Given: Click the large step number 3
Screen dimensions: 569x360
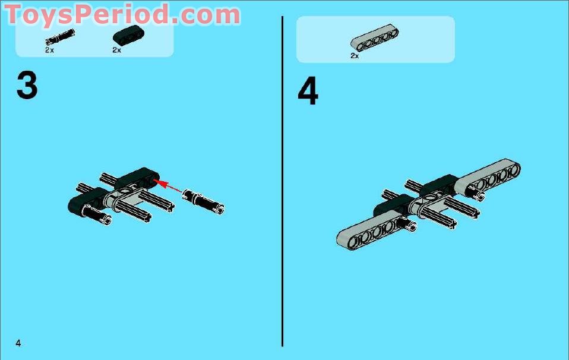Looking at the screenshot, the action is point(27,86).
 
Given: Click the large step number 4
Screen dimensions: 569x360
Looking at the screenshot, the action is point(308,91).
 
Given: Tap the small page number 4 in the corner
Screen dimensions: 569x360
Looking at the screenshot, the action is point(18,343).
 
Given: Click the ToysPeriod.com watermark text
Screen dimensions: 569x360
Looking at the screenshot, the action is point(122,14).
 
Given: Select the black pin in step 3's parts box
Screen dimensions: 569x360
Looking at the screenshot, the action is point(60,37).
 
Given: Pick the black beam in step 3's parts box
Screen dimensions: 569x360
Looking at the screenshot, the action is point(128,34).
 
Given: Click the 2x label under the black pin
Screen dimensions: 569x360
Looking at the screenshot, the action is point(49,50).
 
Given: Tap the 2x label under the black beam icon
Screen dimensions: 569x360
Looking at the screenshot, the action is point(116,50).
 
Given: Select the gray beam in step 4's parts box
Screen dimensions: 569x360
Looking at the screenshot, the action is point(375,37).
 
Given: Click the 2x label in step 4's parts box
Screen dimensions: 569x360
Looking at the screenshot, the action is point(355,56).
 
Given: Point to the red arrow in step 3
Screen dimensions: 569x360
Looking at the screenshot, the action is point(167,185).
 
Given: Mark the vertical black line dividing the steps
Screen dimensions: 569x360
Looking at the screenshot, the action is point(282,181).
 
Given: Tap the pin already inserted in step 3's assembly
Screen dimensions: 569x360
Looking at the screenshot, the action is point(97,215).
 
